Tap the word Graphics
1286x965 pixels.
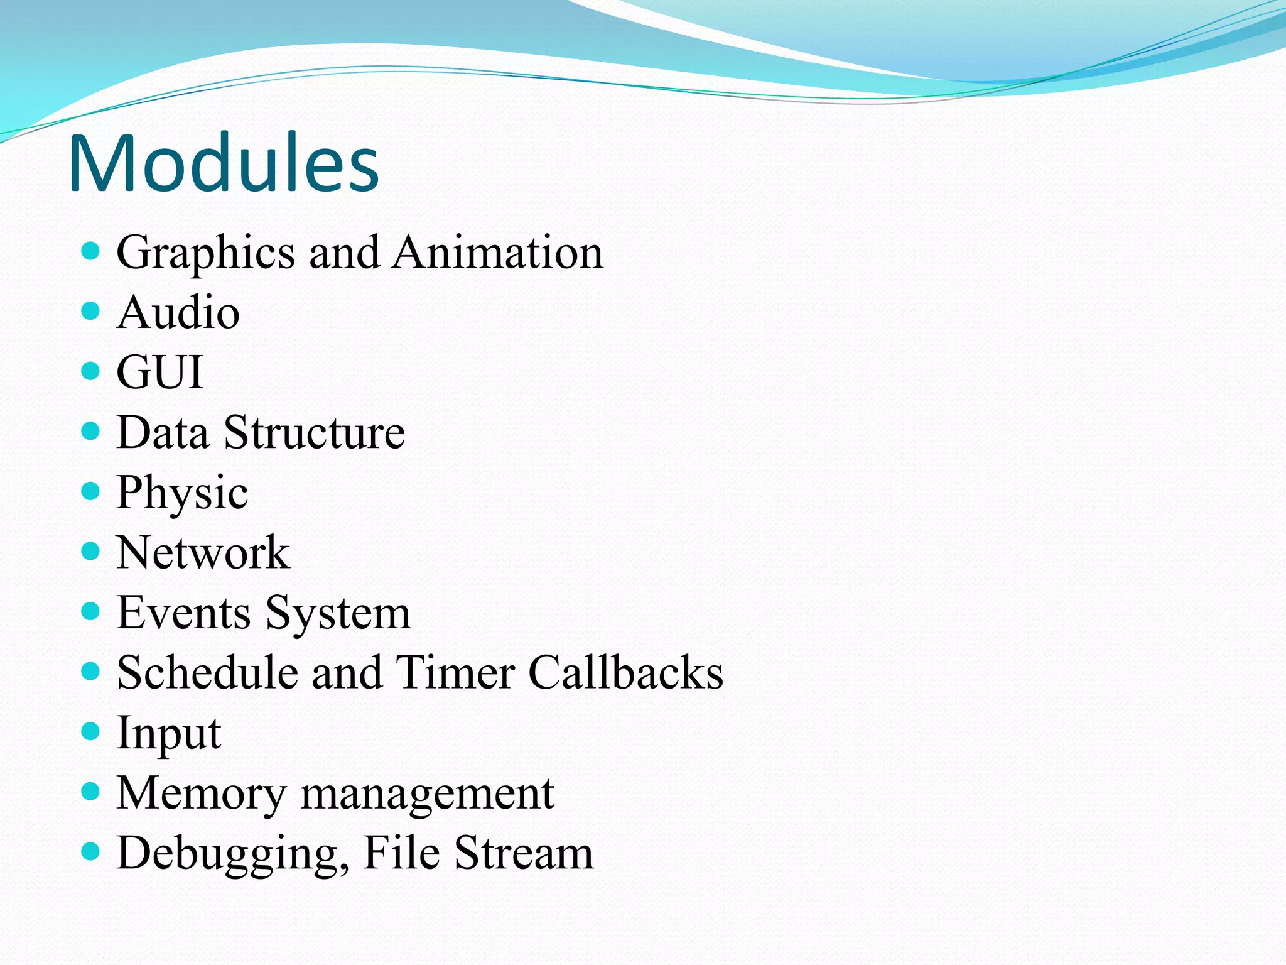205,253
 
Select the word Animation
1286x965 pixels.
498,253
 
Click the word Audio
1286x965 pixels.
178,312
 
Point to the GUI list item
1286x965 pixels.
160,372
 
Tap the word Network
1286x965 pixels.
203,553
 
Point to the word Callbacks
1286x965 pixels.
625,673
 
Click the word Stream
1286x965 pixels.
524,853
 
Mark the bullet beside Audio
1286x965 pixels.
91,311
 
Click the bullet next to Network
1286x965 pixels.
91,552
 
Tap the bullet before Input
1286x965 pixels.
91,731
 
